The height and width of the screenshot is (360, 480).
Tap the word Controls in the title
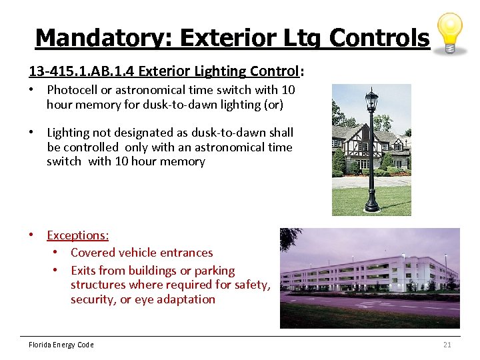click(379, 37)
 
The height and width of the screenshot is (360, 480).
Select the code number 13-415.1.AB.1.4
click(84, 71)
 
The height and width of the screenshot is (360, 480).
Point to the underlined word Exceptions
click(77, 235)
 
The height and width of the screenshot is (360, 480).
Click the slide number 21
click(447, 345)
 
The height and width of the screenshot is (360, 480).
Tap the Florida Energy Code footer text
click(61, 345)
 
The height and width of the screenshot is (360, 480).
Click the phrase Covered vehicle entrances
click(141, 253)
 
